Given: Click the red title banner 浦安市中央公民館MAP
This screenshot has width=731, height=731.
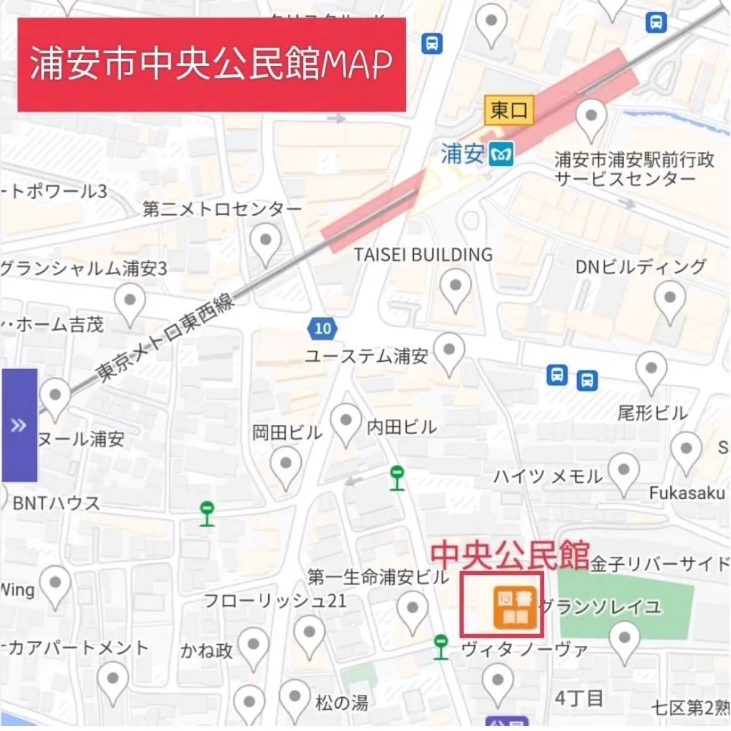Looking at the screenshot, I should (x=211, y=65).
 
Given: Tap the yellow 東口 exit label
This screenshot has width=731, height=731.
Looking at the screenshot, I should (x=509, y=111).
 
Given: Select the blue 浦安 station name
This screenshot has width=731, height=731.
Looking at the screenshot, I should (x=462, y=153).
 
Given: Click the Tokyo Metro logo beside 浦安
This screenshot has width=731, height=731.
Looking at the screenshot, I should (x=501, y=154).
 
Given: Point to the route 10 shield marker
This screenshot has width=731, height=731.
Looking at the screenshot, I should (x=322, y=329).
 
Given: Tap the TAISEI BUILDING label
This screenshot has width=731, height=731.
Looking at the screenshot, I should (x=423, y=255).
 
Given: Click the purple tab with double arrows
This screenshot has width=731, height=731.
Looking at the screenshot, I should (x=19, y=425).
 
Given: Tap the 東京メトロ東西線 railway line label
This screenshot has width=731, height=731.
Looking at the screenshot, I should (x=165, y=337).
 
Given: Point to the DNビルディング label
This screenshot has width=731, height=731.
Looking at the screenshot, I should (x=640, y=267).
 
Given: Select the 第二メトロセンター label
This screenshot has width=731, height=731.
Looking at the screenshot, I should (x=222, y=209).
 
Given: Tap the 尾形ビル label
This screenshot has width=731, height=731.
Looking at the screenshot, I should (x=652, y=413).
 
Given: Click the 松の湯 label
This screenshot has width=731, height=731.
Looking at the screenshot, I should (x=341, y=703).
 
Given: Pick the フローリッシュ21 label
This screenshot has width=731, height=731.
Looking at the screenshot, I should (x=275, y=601).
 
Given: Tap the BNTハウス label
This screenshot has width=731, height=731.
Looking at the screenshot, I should (x=56, y=503).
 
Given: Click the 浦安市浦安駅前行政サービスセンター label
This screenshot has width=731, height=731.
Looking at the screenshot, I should (x=634, y=169).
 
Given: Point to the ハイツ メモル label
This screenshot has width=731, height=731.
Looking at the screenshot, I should (x=547, y=477).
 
